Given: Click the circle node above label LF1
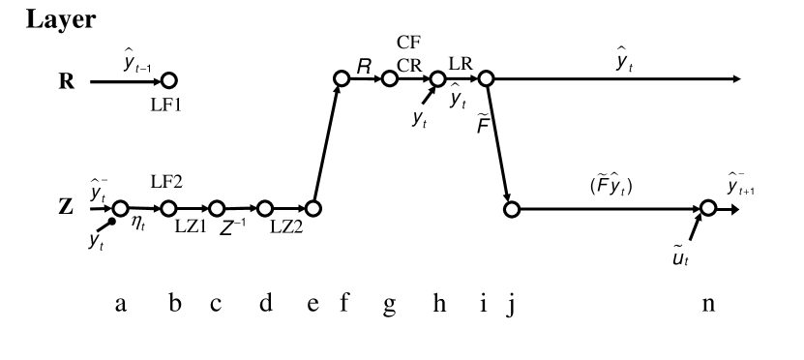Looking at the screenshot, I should coord(169,80).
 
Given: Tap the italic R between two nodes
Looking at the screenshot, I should coord(365,67).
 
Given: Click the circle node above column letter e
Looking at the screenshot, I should coord(313,208).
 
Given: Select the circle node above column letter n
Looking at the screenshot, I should coord(708,208).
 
